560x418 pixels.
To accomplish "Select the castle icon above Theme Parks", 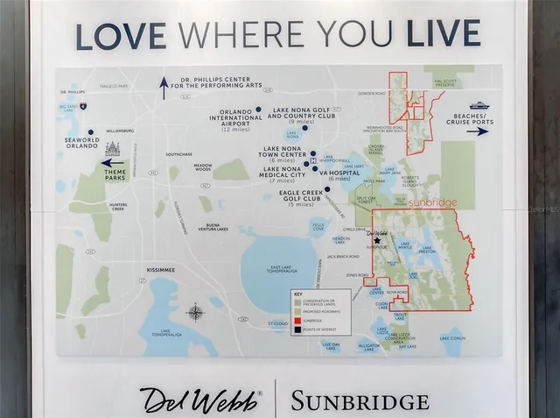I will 111,149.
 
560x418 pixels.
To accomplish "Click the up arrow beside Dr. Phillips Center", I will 164,84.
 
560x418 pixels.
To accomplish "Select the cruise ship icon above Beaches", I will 479,105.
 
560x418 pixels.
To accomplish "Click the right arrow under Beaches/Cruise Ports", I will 478,131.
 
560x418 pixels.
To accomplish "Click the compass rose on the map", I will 196,313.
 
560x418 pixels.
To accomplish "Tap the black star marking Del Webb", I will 378,240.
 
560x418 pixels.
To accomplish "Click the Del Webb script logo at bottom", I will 201,399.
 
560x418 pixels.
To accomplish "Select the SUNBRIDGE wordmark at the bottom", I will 360,402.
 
